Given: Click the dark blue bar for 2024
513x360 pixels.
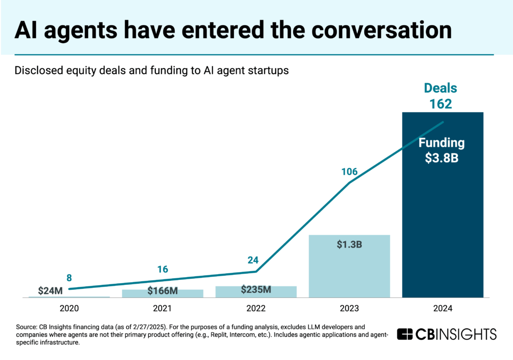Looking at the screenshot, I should click(x=442, y=226).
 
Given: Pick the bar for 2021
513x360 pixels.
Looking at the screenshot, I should click(x=162, y=294).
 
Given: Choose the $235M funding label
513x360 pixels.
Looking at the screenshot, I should click(x=256, y=289).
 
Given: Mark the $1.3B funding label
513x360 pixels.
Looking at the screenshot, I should click(x=349, y=246).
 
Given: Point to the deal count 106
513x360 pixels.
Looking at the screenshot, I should click(x=349, y=172).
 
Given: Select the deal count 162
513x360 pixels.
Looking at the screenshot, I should click(x=441, y=104).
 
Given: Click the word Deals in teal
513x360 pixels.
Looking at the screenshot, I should click(x=441, y=88).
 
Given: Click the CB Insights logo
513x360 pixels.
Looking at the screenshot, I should click(x=446, y=334).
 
